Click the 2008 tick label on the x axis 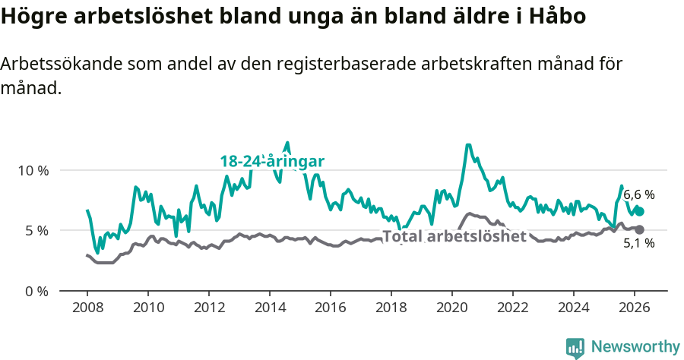point(87,308)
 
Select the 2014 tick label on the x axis point(269,308)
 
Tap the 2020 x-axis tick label point(452,308)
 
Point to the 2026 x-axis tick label point(635,308)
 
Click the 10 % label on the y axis point(33,170)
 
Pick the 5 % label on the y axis point(36,230)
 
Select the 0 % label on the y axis point(36,291)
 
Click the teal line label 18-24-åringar point(272,161)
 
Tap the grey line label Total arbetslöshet point(454,236)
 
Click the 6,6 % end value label point(638,195)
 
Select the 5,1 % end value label point(638,244)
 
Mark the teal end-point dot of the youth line point(640,211)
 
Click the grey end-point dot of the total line point(640,229)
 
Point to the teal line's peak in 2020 point(468,145)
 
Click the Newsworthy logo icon point(575,348)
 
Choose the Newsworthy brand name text point(635,347)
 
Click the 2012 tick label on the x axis point(208,308)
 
